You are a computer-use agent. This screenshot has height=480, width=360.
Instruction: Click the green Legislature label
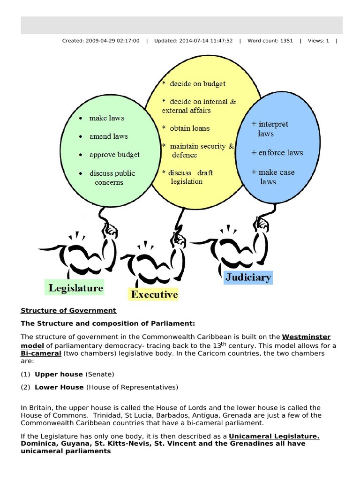[x=74, y=287]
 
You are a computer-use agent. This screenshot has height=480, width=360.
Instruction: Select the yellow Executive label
[x=154, y=294]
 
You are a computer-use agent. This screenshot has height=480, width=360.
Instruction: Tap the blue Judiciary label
[x=248, y=277]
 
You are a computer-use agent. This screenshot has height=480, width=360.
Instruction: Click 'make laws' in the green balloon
[x=106, y=118]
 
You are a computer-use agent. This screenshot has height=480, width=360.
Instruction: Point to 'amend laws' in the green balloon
[x=108, y=136]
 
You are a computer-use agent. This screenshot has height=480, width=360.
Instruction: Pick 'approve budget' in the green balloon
[x=114, y=155]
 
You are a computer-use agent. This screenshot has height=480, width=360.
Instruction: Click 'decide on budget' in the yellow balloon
[x=197, y=84]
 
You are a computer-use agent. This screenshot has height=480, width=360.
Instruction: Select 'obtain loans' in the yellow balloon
[x=189, y=128]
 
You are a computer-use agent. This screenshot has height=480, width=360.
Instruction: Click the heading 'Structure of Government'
[x=68, y=310]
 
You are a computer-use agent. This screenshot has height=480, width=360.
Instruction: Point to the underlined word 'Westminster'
[x=306, y=337]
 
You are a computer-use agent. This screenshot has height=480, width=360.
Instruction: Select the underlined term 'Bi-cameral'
[x=41, y=353]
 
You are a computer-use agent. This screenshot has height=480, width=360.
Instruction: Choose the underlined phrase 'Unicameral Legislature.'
[x=274, y=436]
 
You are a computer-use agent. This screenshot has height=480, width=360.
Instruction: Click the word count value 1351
[x=285, y=41]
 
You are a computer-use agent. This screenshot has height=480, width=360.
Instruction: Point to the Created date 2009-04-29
[x=99, y=41]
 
